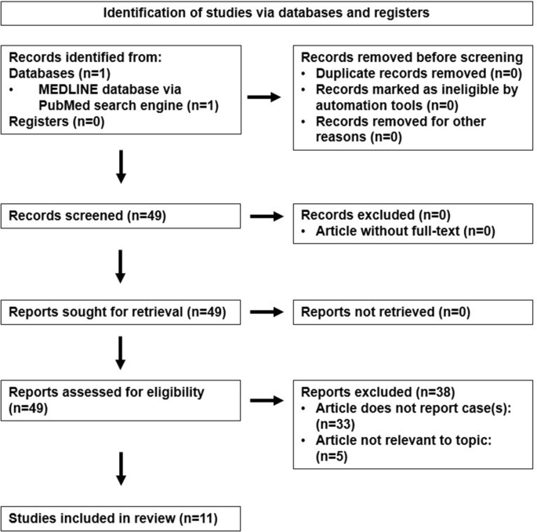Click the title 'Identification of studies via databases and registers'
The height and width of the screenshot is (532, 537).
tap(266, 13)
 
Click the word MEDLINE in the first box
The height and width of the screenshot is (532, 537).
tap(68, 89)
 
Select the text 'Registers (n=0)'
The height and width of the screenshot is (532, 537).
tap(56, 122)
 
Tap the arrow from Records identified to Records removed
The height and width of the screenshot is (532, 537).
tap(264, 97)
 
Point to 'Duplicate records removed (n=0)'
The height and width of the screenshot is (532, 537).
tap(419, 73)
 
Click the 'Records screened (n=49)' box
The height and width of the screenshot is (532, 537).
tap(121, 216)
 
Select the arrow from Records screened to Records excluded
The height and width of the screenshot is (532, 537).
tap(267, 217)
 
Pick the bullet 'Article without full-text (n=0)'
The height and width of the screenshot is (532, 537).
tap(405, 231)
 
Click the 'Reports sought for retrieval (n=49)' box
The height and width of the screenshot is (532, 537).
tap(121, 312)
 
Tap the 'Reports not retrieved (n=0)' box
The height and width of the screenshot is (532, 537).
tap(413, 312)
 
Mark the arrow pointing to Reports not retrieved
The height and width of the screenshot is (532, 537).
tap(267, 312)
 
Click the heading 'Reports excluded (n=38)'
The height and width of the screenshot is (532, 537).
tap(378, 392)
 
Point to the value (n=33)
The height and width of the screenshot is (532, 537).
tap(335, 425)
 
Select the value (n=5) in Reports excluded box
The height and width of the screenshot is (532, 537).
tap(332, 457)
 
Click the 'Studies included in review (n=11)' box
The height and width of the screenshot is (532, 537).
tap(121, 519)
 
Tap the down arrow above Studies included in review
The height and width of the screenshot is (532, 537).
tap(121, 469)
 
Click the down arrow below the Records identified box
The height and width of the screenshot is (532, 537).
tap(121, 167)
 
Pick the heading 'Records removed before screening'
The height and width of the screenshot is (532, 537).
tap(412, 57)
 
